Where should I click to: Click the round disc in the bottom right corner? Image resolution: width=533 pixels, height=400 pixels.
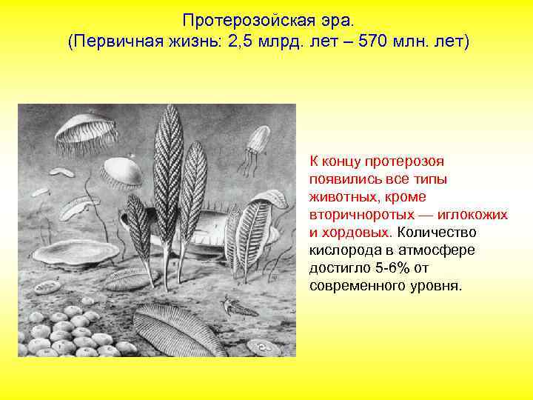coord(261,346)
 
